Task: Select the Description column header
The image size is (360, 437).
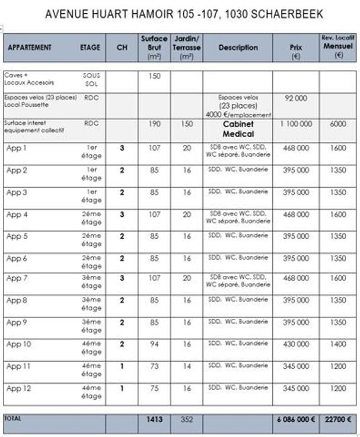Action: (x=238, y=47)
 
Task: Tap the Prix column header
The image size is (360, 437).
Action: (x=295, y=47)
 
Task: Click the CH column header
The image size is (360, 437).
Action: (x=122, y=47)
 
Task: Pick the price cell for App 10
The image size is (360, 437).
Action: (x=295, y=344)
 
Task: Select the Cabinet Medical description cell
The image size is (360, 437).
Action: (x=238, y=129)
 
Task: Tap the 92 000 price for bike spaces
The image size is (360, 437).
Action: (x=295, y=98)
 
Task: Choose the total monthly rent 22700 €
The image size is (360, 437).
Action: (x=338, y=419)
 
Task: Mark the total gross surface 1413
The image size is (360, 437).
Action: (x=154, y=419)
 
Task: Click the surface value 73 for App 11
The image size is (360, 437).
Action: (x=154, y=366)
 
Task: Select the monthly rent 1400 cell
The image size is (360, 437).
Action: (x=338, y=344)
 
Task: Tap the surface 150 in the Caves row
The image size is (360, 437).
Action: (x=154, y=76)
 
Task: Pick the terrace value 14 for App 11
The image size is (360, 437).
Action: (x=187, y=366)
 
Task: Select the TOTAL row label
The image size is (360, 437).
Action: (x=12, y=419)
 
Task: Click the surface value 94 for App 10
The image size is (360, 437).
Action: (x=154, y=344)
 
